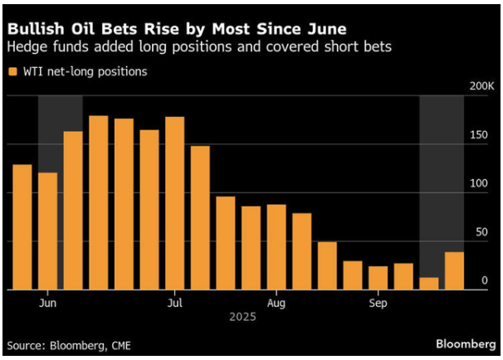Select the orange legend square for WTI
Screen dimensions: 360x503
(x=12, y=71)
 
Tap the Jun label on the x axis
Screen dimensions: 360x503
(x=47, y=303)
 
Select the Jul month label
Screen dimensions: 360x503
(x=175, y=303)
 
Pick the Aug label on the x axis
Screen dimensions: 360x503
(x=276, y=303)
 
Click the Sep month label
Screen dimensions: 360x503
(x=378, y=303)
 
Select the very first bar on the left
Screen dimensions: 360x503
(x=22, y=227)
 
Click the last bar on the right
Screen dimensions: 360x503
(x=454, y=270)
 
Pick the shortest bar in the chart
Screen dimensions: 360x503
(x=429, y=284)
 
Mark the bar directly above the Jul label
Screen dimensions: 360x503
(x=175, y=203)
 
